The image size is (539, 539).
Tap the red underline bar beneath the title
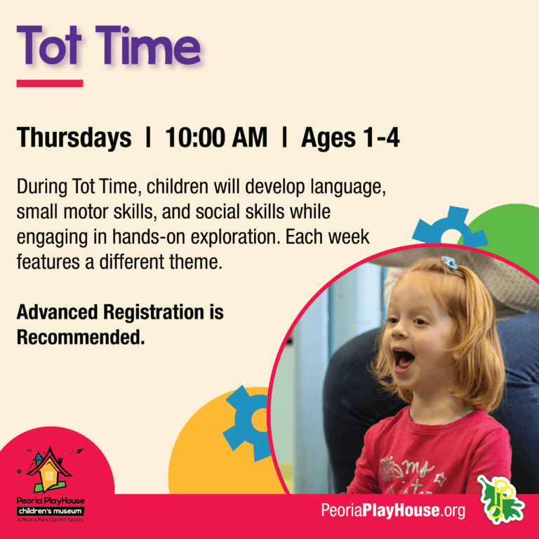pos(50,83)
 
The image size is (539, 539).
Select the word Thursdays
pos(74,138)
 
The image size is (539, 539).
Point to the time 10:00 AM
pos(216,138)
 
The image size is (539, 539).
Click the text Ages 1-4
pos(350,138)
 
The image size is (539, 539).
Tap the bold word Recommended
pos(81,337)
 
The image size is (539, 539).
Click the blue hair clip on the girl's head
pos(449,264)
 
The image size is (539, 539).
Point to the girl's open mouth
pos(403,360)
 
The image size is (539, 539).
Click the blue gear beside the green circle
pos(447,228)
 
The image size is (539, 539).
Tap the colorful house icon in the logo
pos(49,470)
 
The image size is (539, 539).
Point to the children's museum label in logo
pos(49,512)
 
